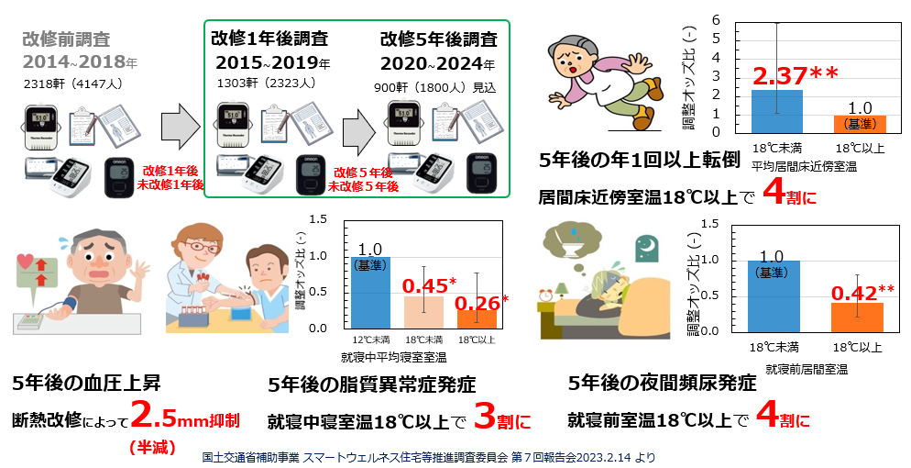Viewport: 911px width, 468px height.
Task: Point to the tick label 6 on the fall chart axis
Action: [728, 20]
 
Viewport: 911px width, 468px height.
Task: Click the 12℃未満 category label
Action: [372, 340]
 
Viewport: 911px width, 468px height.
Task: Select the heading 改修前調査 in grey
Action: [66, 39]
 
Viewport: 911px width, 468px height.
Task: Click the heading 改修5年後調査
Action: [438, 39]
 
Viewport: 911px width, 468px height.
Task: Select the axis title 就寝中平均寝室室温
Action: [401, 356]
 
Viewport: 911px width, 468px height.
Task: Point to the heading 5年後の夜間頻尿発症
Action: [662, 383]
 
